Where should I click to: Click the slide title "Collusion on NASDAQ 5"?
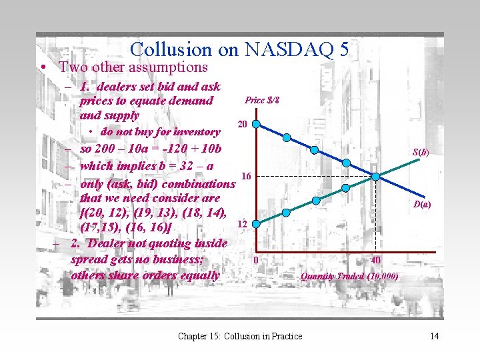[x=239, y=49]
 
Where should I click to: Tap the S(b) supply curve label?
[x=420, y=152]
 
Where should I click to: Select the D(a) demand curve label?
[x=421, y=205]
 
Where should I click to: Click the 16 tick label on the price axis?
[x=245, y=176]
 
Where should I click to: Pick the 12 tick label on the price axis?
[x=243, y=225]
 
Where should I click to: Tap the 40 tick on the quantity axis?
[x=376, y=260]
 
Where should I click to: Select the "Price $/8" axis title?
[x=262, y=100]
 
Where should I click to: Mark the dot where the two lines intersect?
[x=376, y=176]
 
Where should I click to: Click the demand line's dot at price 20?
[x=257, y=125]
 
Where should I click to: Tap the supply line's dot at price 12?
[x=257, y=226]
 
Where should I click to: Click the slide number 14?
[x=435, y=336]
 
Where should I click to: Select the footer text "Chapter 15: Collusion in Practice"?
[x=239, y=336]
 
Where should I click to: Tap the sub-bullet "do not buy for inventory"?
[x=159, y=132]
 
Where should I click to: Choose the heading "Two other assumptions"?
[x=133, y=67]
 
